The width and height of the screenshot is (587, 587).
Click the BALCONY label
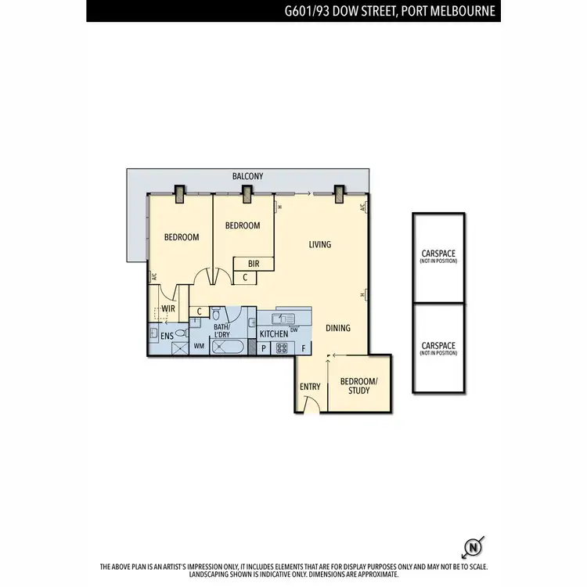click(247, 178)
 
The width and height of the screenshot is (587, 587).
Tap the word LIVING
click(319, 245)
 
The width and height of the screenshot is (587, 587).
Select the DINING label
click(338, 328)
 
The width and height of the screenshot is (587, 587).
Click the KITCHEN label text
click(274, 334)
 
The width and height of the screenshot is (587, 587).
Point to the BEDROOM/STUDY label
click(359, 385)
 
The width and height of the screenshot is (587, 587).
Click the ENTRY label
click(310, 387)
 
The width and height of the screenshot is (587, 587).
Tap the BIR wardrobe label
click(254, 264)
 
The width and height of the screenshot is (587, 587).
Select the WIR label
click(167, 309)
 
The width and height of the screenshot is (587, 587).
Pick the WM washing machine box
click(199, 345)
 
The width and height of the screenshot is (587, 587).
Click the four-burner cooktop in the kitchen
click(282, 348)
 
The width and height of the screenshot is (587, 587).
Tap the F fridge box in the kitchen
click(304, 348)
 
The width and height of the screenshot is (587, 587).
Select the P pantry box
click(263, 348)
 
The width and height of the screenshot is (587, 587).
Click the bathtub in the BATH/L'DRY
click(228, 347)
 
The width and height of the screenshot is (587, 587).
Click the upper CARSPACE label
click(438, 254)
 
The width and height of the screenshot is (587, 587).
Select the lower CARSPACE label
click(438, 346)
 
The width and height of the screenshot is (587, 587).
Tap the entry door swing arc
click(311, 402)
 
